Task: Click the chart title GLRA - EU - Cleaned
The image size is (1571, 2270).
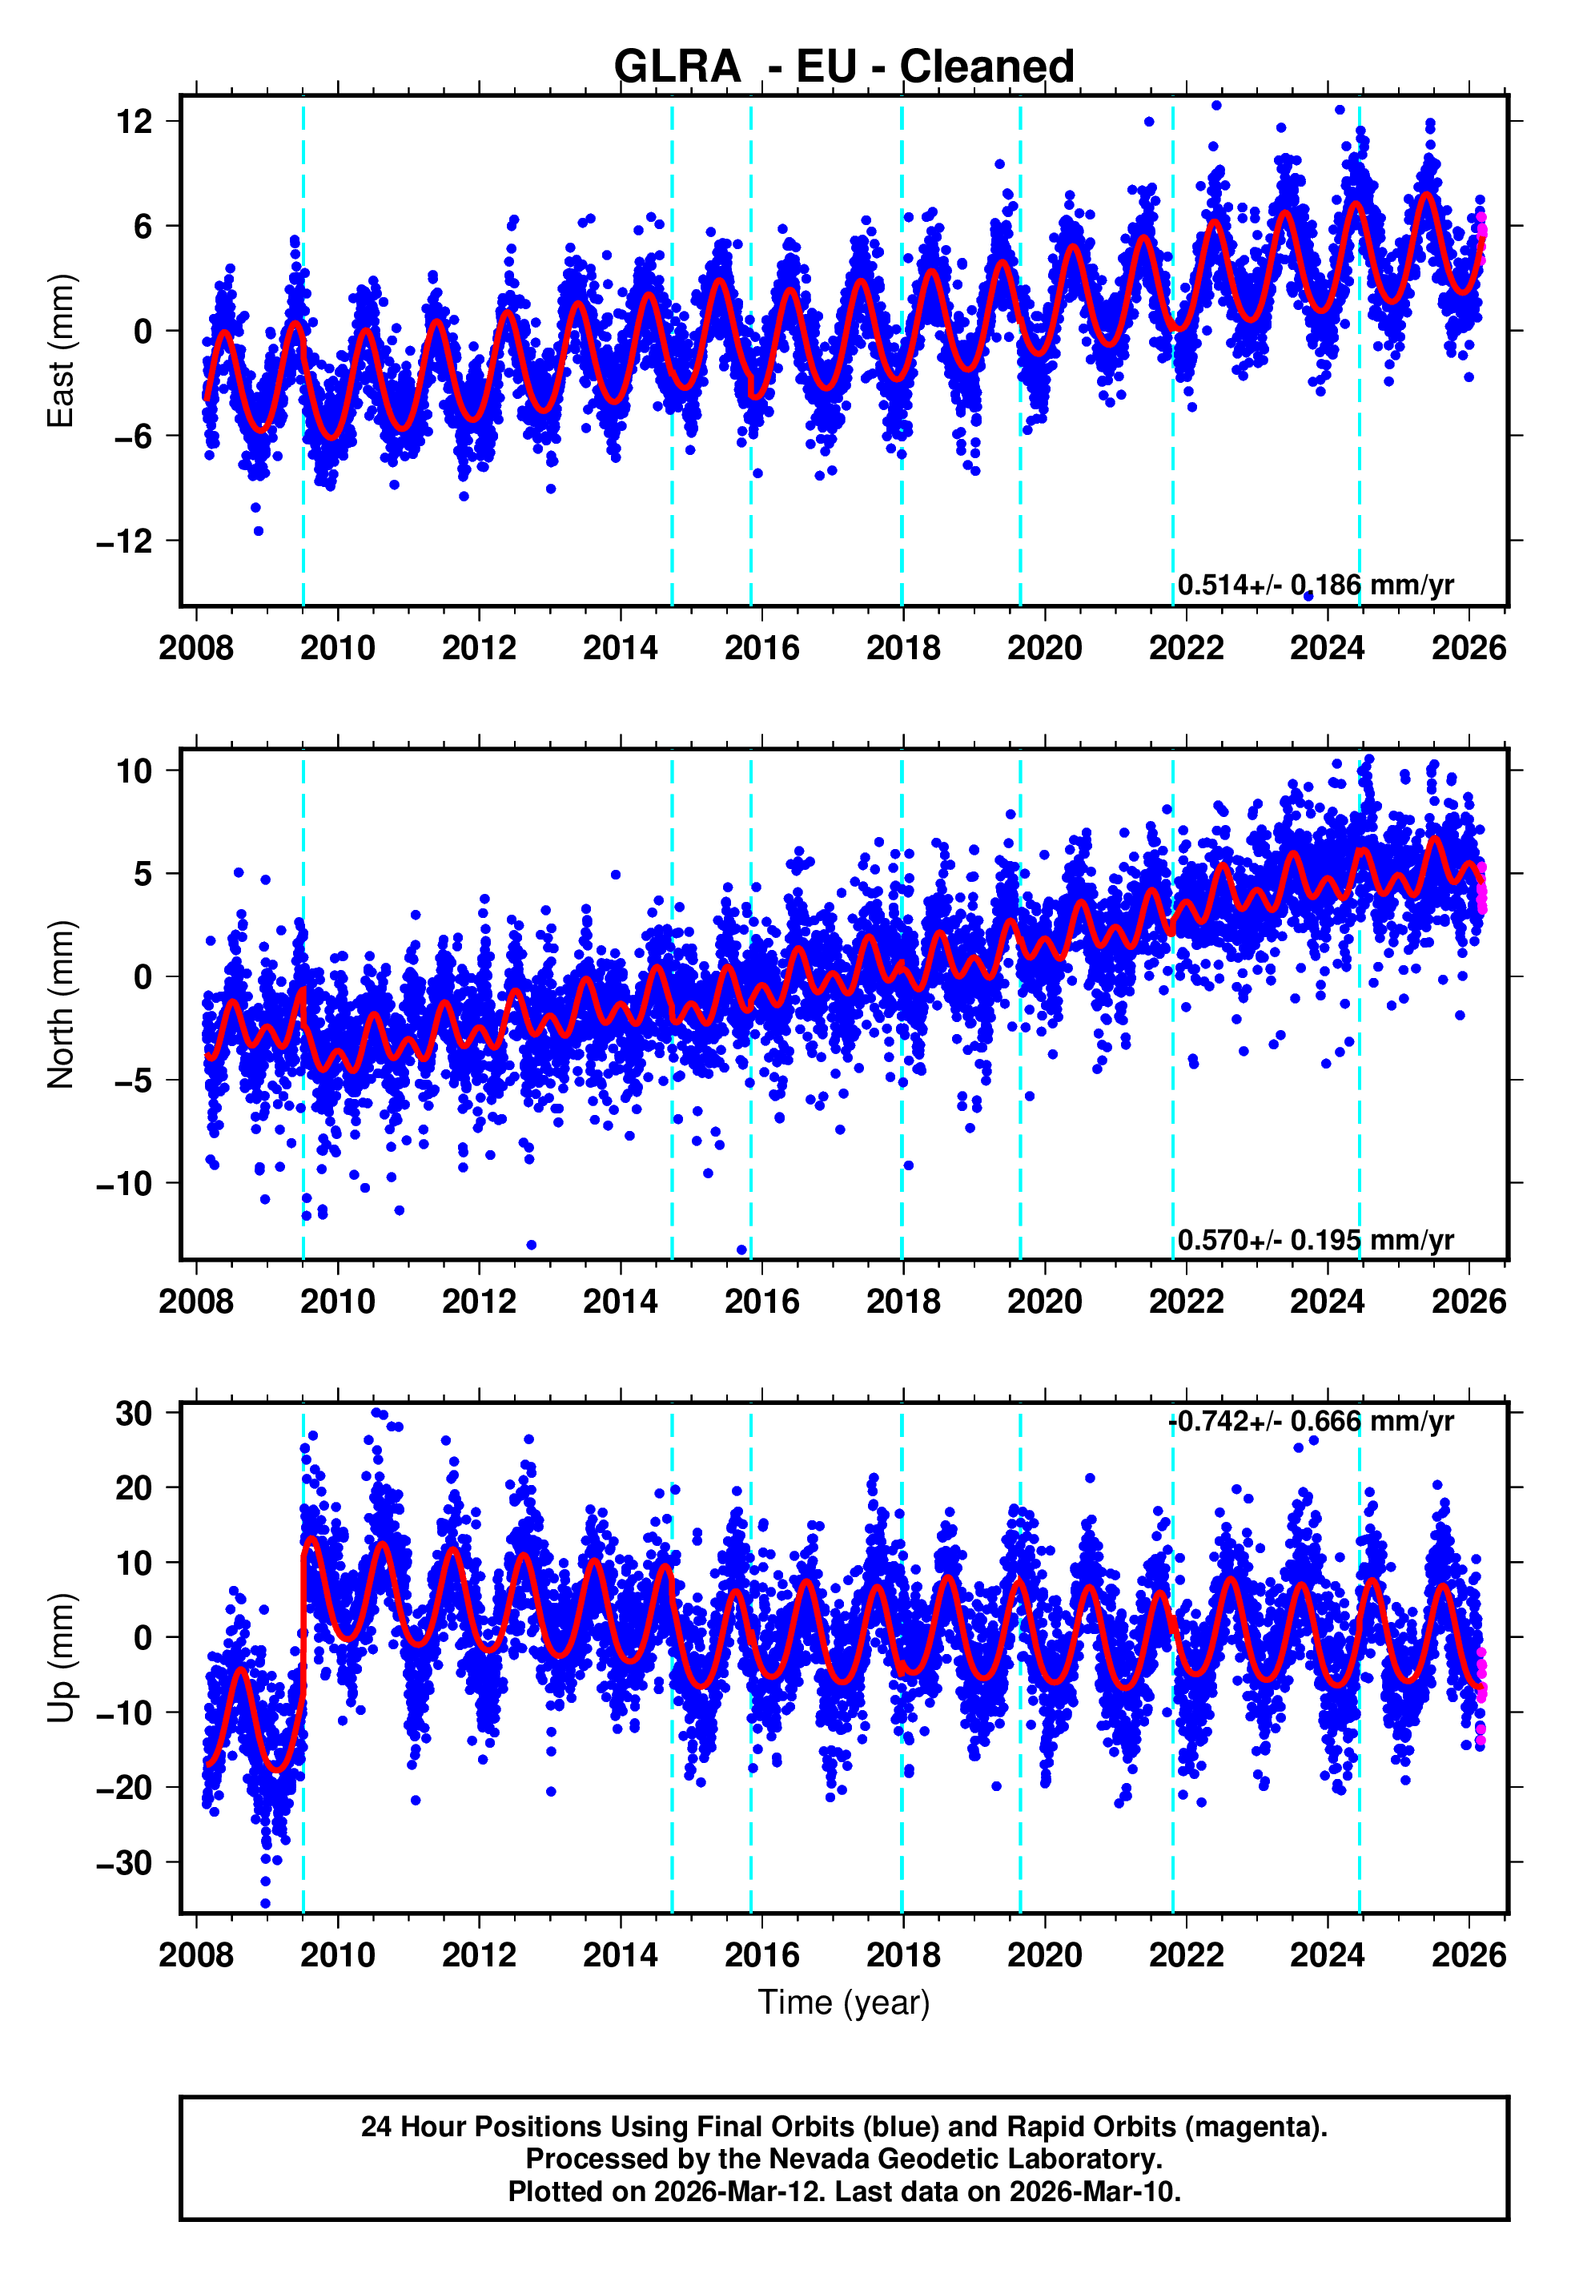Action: click(x=844, y=67)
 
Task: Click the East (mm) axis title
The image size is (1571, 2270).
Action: click(x=61, y=351)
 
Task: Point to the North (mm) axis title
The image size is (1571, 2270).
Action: click(x=61, y=1004)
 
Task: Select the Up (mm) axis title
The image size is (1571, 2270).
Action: click(x=61, y=1658)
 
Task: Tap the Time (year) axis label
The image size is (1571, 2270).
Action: click(x=844, y=2002)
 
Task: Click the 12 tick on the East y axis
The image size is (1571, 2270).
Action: click(x=134, y=122)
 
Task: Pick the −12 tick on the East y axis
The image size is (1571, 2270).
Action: click(x=125, y=541)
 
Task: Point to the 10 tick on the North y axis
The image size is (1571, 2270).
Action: click(x=134, y=771)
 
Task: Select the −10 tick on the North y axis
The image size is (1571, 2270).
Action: click(x=125, y=1183)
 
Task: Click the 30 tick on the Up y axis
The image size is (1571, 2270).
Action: click(x=134, y=1414)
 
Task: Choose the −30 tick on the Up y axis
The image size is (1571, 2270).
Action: click(x=125, y=1862)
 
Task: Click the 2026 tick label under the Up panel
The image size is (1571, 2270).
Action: click(x=1469, y=1956)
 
